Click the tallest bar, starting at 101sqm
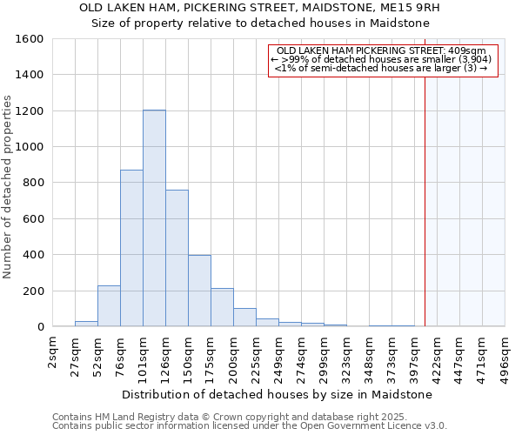tap(154, 218)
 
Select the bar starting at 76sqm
tap(131, 248)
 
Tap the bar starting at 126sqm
tap(177, 258)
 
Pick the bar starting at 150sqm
tap(199, 291)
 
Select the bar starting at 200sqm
tap(244, 318)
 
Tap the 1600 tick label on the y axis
tap(30, 39)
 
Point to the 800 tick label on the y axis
tap(33, 183)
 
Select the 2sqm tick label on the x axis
tap(53, 353)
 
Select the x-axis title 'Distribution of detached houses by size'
tap(277, 394)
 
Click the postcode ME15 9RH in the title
tap(416, 8)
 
